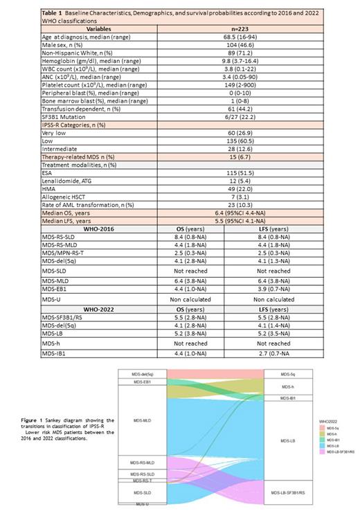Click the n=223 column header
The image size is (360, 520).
click(228, 29)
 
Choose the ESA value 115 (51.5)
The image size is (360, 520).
click(228, 171)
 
